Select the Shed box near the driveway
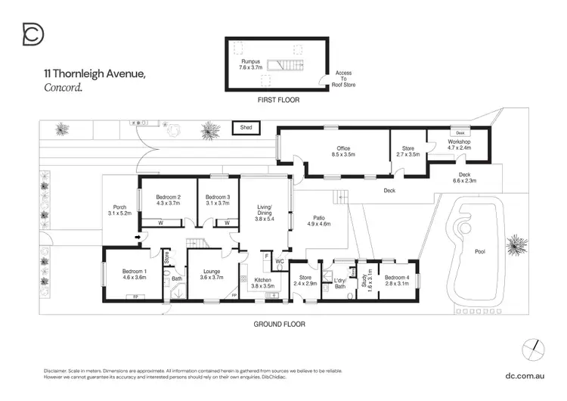246,128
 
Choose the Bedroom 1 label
135,274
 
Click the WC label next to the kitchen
279,261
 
